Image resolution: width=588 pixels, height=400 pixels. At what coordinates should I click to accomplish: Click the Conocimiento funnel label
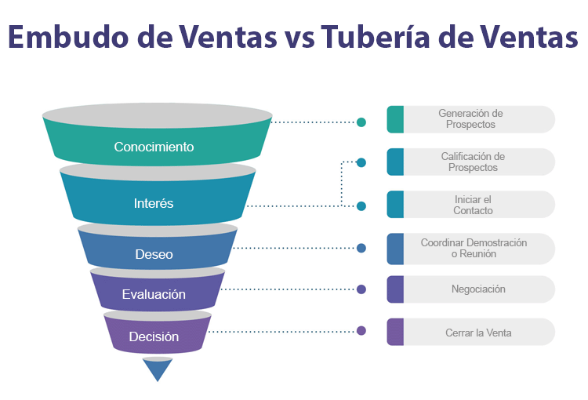coord(154,147)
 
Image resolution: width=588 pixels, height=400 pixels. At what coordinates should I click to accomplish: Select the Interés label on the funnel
coord(154,203)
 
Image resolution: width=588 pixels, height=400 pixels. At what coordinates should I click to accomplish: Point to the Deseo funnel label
coord(154,254)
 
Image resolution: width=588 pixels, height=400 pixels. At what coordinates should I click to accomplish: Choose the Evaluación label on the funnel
coord(154,295)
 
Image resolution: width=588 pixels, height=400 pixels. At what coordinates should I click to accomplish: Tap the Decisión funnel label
coord(154,336)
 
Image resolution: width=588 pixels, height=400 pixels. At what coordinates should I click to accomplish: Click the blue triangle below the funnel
coord(158,369)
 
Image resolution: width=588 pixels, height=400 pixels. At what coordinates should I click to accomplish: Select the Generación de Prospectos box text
coord(470,118)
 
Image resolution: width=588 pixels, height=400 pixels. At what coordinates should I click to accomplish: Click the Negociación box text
coord(478,289)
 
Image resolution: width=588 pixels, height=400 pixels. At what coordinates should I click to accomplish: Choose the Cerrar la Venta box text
coord(478,333)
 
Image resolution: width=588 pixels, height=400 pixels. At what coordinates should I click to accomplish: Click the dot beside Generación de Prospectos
coord(361,122)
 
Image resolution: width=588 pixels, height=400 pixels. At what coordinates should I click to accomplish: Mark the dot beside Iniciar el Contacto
coord(361,206)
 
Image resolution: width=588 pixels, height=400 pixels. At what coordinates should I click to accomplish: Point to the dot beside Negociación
coord(361,289)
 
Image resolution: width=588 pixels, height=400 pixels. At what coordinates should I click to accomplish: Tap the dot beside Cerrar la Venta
coord(361,331)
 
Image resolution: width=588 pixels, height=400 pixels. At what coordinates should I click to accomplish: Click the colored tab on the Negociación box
coord(395,289)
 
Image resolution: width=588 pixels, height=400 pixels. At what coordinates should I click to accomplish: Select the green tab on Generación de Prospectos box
coord(395,119)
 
